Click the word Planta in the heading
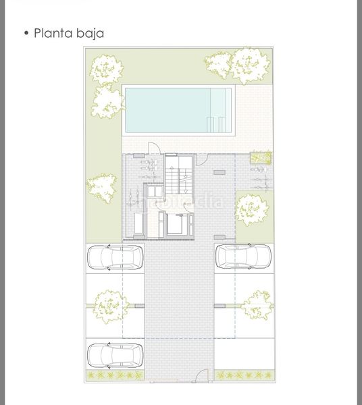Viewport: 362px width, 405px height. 53,33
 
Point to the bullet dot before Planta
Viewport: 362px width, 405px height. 26,33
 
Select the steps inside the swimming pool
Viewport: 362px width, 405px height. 216,124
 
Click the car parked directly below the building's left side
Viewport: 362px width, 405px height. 115,258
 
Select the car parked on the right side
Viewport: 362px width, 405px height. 243,256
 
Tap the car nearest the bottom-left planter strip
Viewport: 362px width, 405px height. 115,356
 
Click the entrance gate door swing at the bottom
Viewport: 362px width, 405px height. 201,375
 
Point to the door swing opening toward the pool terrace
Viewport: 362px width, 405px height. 154,148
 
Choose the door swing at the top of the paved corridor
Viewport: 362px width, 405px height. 202,159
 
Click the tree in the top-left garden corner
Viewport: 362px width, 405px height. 107,70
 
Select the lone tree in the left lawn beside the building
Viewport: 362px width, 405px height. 101,188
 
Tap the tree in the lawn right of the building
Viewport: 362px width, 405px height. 252,210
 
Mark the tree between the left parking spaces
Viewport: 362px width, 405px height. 111,306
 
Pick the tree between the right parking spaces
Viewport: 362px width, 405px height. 257,305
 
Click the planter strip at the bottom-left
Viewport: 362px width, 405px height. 115,375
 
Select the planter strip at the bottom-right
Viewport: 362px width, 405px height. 244,375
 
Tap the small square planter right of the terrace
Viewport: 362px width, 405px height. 261,158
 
